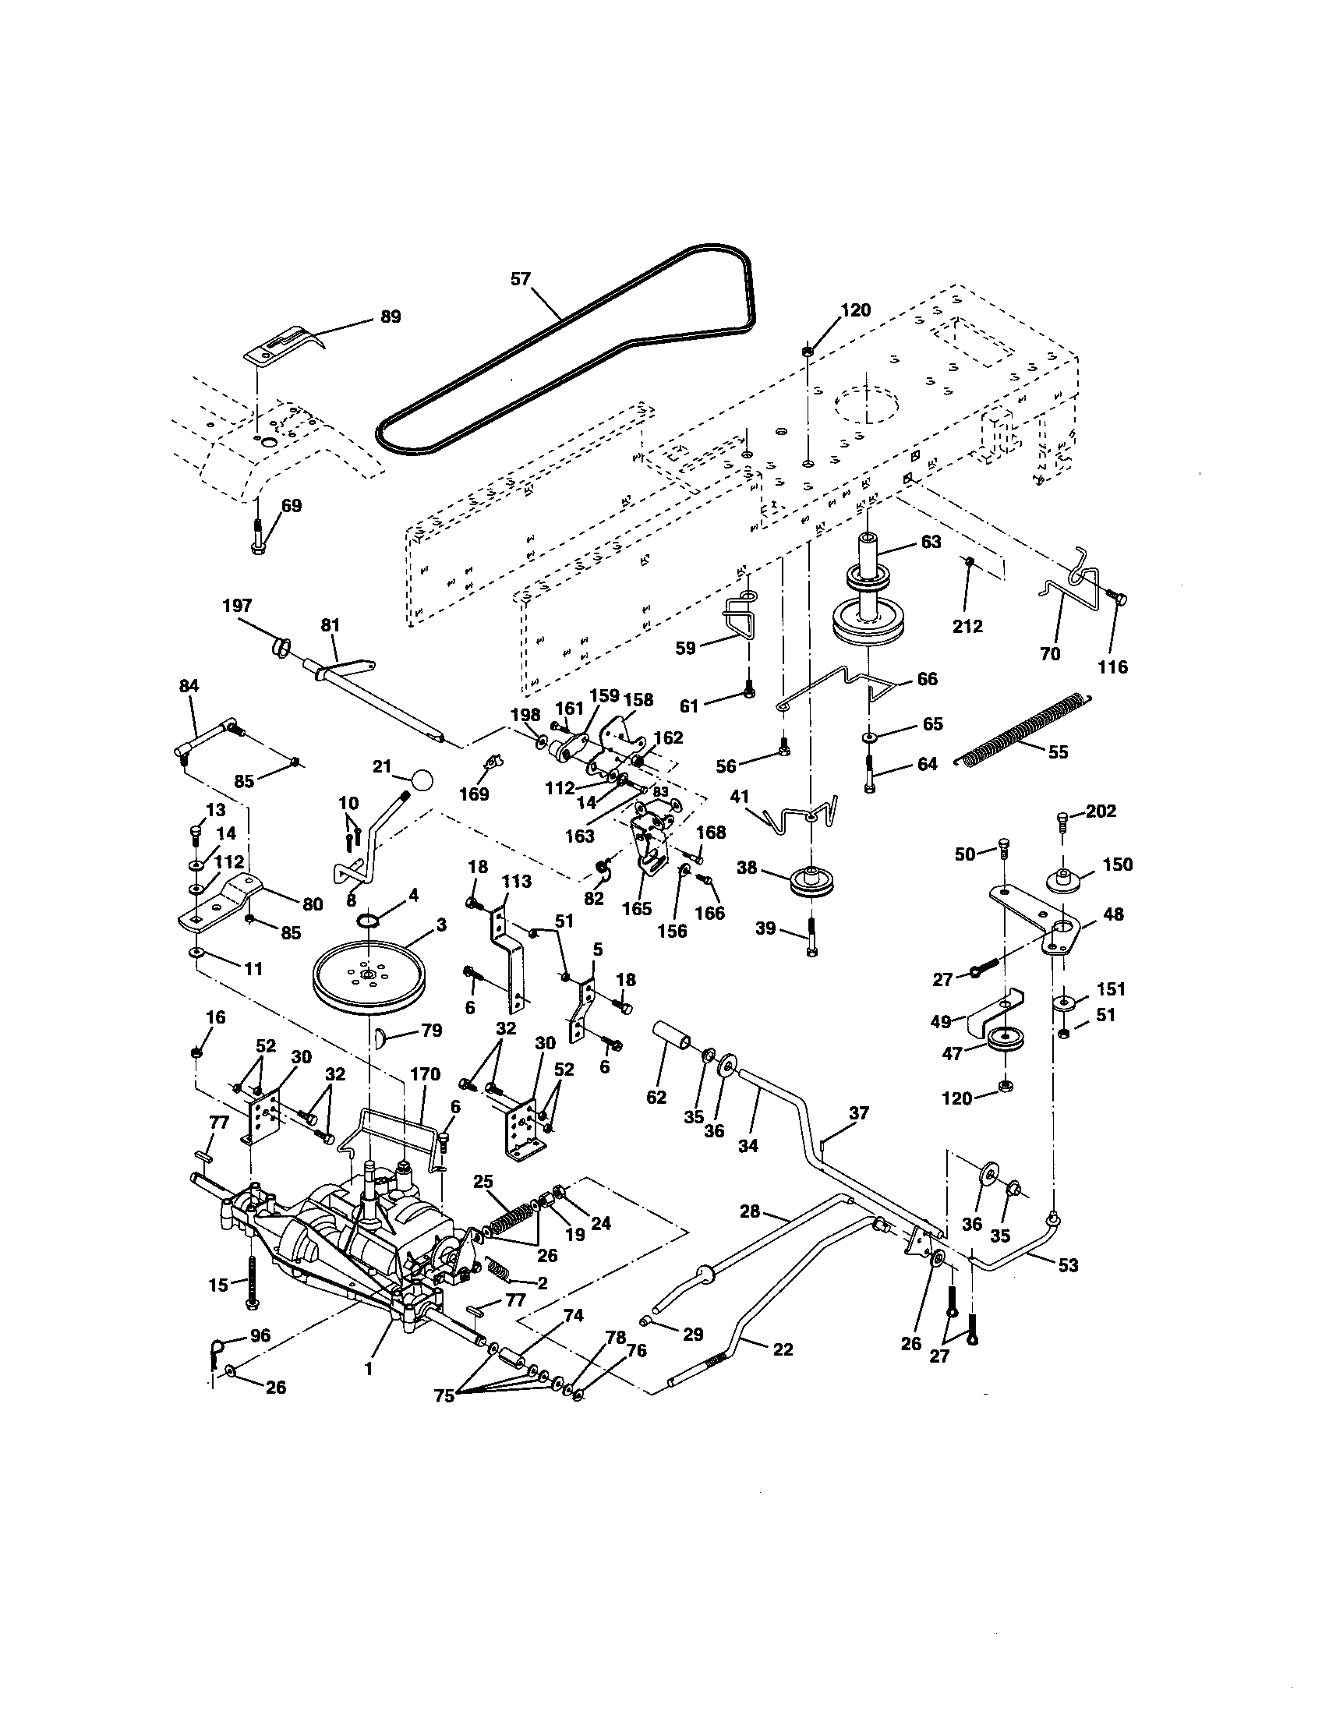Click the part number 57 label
pyautogui.click(x=521, y=279)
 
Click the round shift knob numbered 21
pyautogui.click(x=422, y=780)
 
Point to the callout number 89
pyautogui.click(x=391, y=316)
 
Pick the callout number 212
pyautogui.click(x=967, y=626)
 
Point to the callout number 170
pyautogui.click(x=425, y=1073)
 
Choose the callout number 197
pyautogui.click(x=238, y=605)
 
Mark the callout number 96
pyautogui.click(x=259, y=1333)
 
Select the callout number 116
pyautogui.click(x=1112, y=667)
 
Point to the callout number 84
pyautogui.click(x=189, y=685)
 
